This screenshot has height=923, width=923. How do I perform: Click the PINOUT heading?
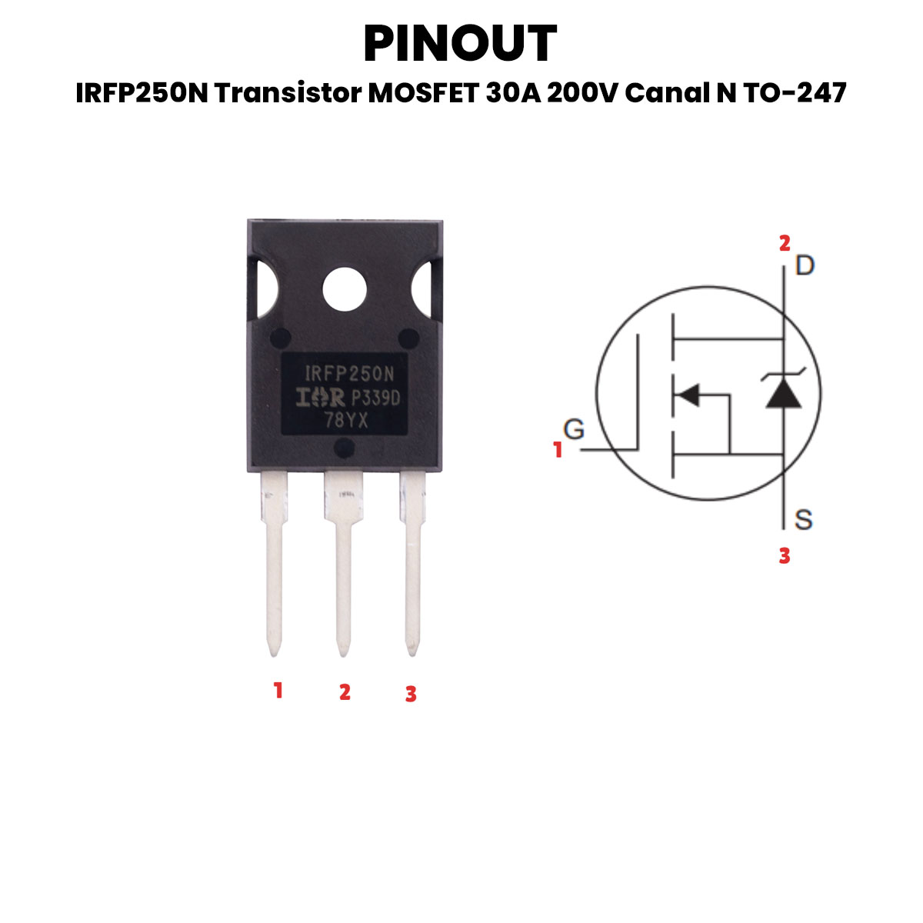pos(460,43)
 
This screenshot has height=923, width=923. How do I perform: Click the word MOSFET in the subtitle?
pos(423,92)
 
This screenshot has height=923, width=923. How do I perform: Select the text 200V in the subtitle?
pos(582,92)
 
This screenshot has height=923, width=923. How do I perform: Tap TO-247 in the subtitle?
pos(795,92)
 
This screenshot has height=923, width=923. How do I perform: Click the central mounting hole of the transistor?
pos(345,289)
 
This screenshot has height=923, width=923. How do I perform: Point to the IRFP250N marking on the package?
pos(349,374)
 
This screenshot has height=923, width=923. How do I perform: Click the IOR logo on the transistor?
pos(320,397)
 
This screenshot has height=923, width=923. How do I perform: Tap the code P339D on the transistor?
pos(376,398)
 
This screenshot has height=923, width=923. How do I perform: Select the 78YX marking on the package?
pos(346,421)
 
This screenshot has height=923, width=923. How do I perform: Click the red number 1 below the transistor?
pos(278,690)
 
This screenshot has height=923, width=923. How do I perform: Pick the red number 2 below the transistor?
pos(345,691)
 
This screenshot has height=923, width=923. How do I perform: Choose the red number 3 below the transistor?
pos(411,694)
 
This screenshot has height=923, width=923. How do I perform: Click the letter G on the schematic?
pos(574,428)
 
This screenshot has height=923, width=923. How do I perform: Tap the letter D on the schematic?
pos(805,265)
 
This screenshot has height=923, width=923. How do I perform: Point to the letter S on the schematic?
pos(804,519)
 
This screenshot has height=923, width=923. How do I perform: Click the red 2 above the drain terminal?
pos(785,243)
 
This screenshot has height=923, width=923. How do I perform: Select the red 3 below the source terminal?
pos(785,555)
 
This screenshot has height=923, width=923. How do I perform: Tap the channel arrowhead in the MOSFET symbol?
pos(688,395)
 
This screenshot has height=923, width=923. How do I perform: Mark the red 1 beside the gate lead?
pos(558,450)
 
